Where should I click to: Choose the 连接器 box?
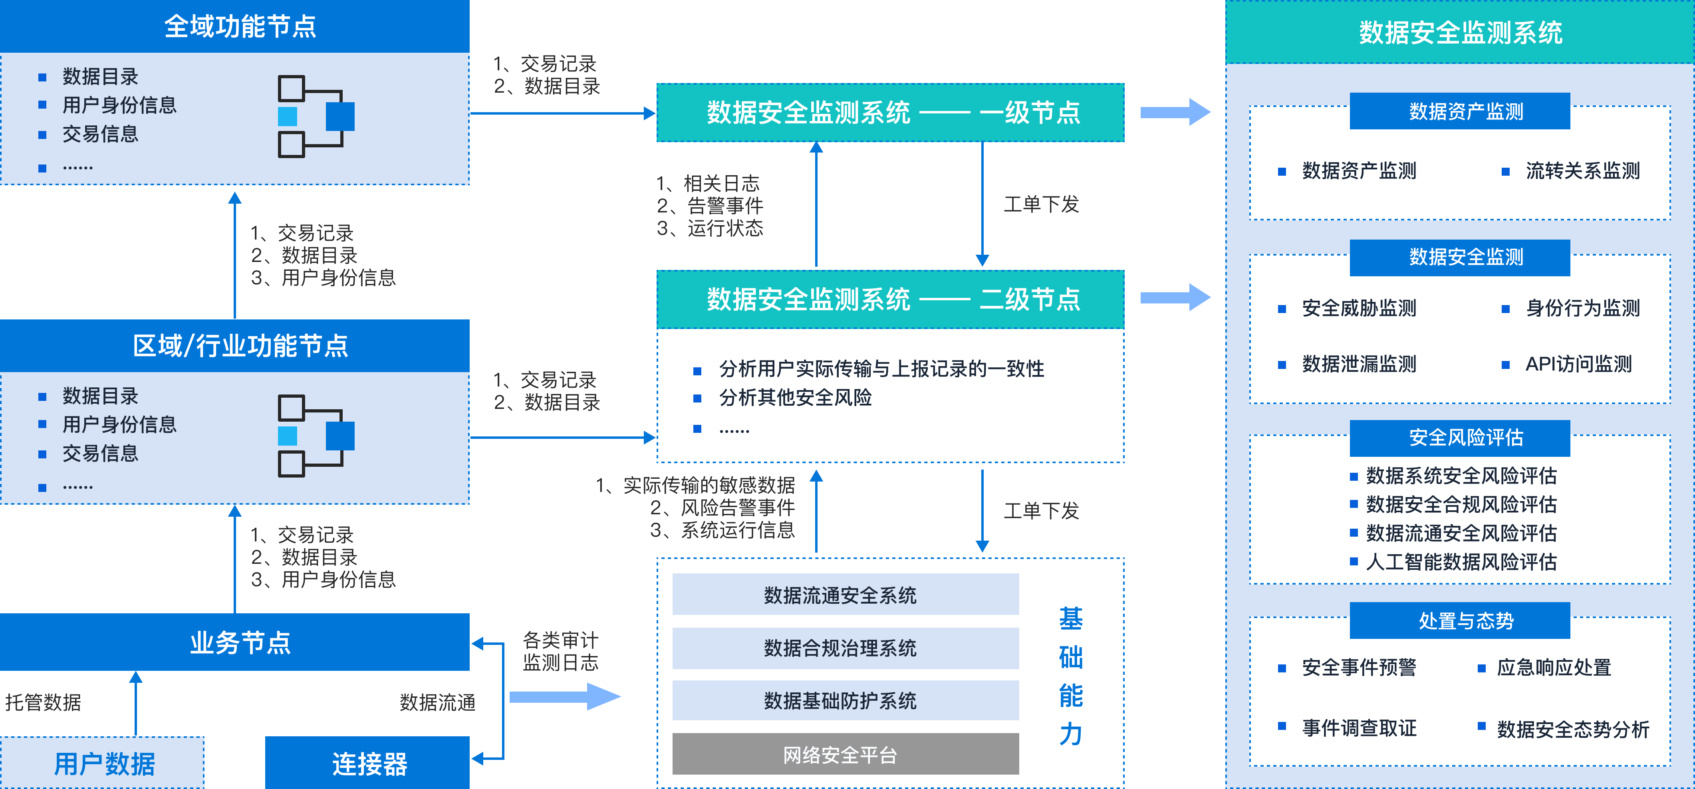369,763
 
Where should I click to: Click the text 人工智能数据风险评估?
1461,562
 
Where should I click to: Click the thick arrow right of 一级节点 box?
1175,112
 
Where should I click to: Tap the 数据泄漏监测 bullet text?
1359,364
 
